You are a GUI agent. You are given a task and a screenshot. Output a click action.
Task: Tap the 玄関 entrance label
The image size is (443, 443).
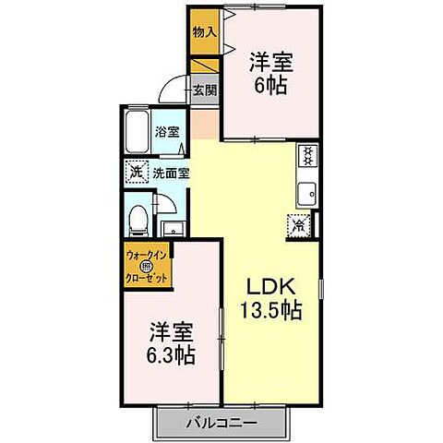[205, 90]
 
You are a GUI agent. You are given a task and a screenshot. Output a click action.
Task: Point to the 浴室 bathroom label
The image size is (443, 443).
[166, 131]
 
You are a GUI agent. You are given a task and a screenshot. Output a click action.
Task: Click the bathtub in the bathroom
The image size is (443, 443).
[138, 135]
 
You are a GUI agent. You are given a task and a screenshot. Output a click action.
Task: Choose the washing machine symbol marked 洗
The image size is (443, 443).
[137, 172]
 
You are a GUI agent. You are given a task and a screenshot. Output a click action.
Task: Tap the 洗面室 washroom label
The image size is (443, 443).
[170, 172]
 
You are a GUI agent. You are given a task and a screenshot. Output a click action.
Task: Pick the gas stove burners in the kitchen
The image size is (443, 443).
[307, 156]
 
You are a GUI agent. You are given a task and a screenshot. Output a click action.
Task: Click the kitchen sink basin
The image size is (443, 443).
[306, 193]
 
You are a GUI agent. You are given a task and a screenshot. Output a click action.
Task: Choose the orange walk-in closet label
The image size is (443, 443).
[148, 262]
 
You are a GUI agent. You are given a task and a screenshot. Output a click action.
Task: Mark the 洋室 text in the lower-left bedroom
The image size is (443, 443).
[171, 329]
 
